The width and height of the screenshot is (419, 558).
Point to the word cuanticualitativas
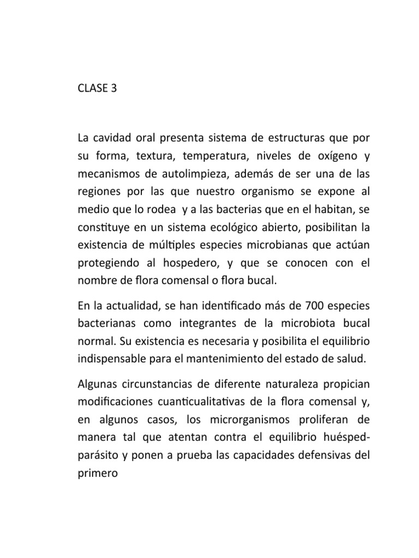click(205, 406)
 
